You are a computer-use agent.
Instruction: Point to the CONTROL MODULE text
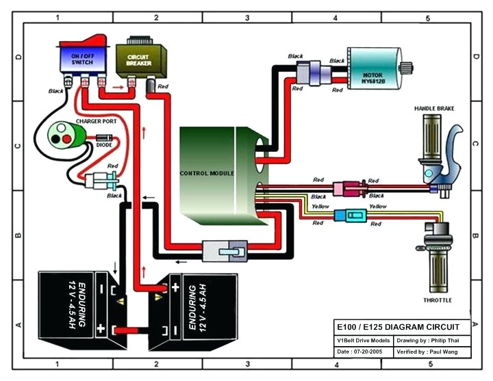207,174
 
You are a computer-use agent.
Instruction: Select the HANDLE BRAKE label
434,109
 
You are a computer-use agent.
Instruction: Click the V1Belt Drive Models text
362,340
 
